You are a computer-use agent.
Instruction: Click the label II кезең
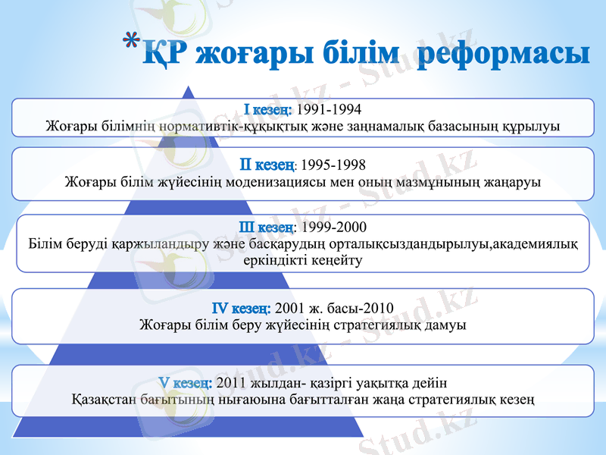[267, 164]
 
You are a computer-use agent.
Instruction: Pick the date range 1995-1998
[333, 165]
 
